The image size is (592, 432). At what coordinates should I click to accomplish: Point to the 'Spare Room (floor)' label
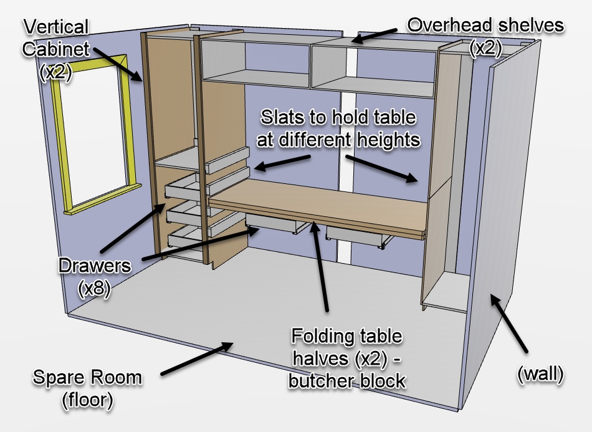pos(87,388)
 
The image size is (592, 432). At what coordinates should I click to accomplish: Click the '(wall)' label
pos(540,373)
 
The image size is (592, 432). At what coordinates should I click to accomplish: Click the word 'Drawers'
pos(95,266)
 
